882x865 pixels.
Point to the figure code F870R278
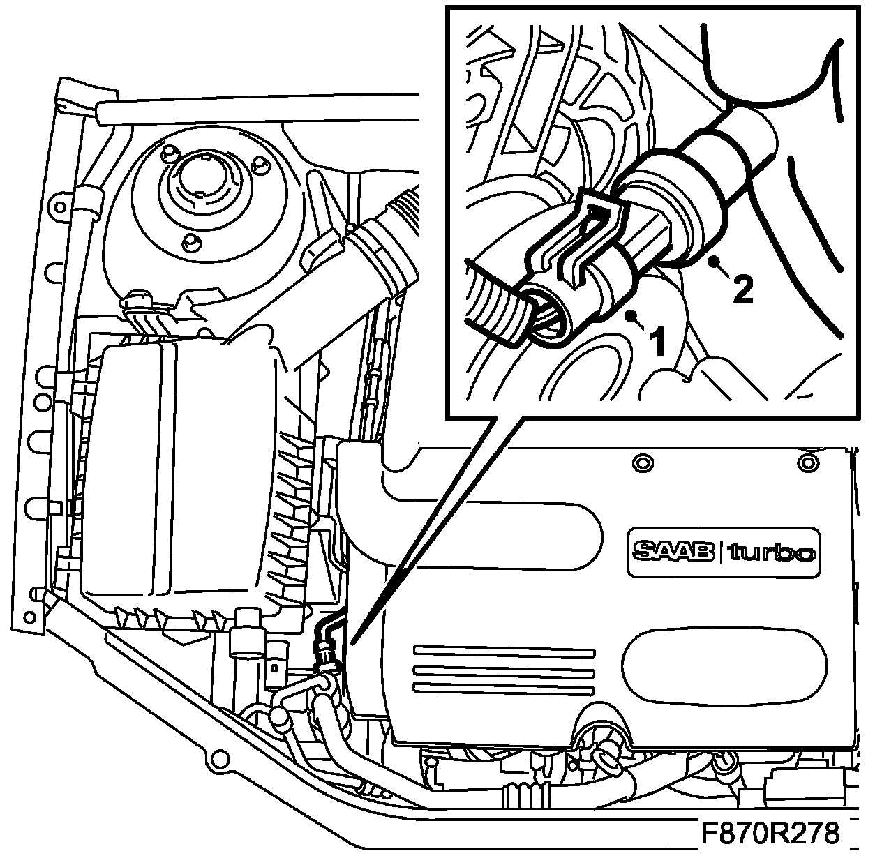[x=770, y=834]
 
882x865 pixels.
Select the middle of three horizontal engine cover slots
[x=504, y=670]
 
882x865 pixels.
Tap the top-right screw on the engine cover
[x=809, y=461]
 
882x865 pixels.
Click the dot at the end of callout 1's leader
[x=631, y=317]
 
